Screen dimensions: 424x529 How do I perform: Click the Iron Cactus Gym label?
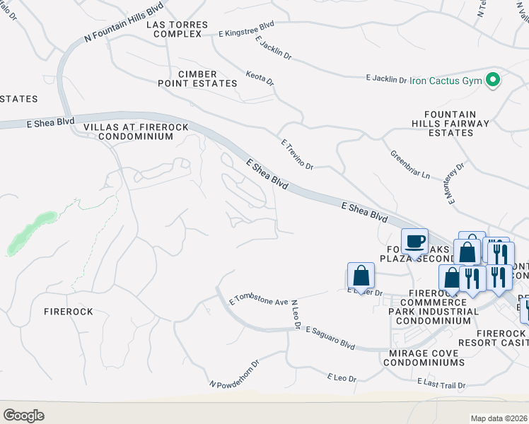[x=446, y=81]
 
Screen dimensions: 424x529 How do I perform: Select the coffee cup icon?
[x=415, y=242]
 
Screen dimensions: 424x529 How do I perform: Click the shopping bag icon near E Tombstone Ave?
[x=361, y=276]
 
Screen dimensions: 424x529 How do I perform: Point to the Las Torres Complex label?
[x=177, y=29]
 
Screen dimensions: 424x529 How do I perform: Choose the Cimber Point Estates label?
[x=197, y=78]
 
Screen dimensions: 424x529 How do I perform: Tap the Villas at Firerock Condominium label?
[x=128, y=131]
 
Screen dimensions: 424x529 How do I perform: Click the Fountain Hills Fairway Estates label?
[x=456, y=123]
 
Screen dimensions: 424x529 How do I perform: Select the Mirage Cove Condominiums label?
[x=424, y=357]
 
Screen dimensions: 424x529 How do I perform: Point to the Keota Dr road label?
[x=259, y=77]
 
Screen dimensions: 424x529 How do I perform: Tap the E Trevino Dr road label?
[x=296, y=153]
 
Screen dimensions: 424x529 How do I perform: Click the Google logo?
[x=23, y=415]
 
